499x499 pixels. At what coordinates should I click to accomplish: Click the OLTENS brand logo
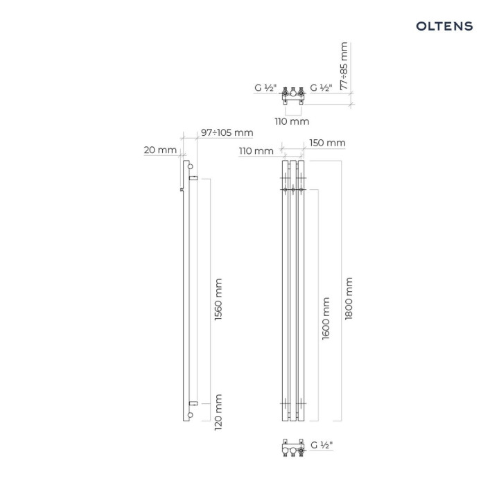pyautogui.click(x=444, y=26)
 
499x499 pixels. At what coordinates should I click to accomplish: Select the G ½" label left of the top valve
pyautogui.click(x=265, y=88)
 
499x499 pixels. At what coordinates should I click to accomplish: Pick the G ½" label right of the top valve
pyautogui.click(x=322, y=88)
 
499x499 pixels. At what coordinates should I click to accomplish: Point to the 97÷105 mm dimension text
pyautogui.click(x=227, y=132)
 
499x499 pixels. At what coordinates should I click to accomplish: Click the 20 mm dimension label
pyautogui.click(x=160, y=150)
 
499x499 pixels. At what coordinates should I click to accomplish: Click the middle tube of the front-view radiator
pyautogui.click(x=293, y=291)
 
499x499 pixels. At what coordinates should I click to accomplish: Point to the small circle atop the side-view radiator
pyautogui.click(x=188, y=167)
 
